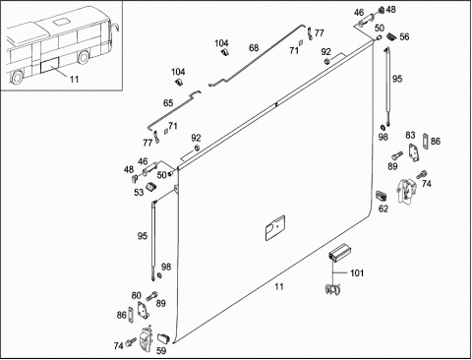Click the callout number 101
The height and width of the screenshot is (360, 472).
tap(357, 272)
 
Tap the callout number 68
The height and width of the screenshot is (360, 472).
tap(254, 48)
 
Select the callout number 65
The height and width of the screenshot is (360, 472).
tap(168, 103)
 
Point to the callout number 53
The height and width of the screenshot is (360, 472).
tap(139, 192)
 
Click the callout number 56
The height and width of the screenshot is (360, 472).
tap(404, 36)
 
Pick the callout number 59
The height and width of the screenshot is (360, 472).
tap(161, 351)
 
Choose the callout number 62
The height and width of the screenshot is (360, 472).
tap(383, 209)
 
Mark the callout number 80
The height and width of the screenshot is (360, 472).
tap(136, 295)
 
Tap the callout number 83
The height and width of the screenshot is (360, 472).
tap(410, 135)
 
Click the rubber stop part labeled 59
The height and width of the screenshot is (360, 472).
tap(163, 337)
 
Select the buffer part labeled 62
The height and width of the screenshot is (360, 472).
tap(382, 196)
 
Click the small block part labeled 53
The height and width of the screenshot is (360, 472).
tap(150, 186)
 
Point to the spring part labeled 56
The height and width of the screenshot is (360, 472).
tap(391, 36)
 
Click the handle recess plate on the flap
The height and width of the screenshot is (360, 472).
tap(275, 228)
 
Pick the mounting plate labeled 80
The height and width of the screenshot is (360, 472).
tap(144, 310)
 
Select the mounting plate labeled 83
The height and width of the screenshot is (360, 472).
tap(414, 152)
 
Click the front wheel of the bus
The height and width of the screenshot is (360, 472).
tap(84, 57)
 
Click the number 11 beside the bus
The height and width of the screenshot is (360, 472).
tap(74, 79)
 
